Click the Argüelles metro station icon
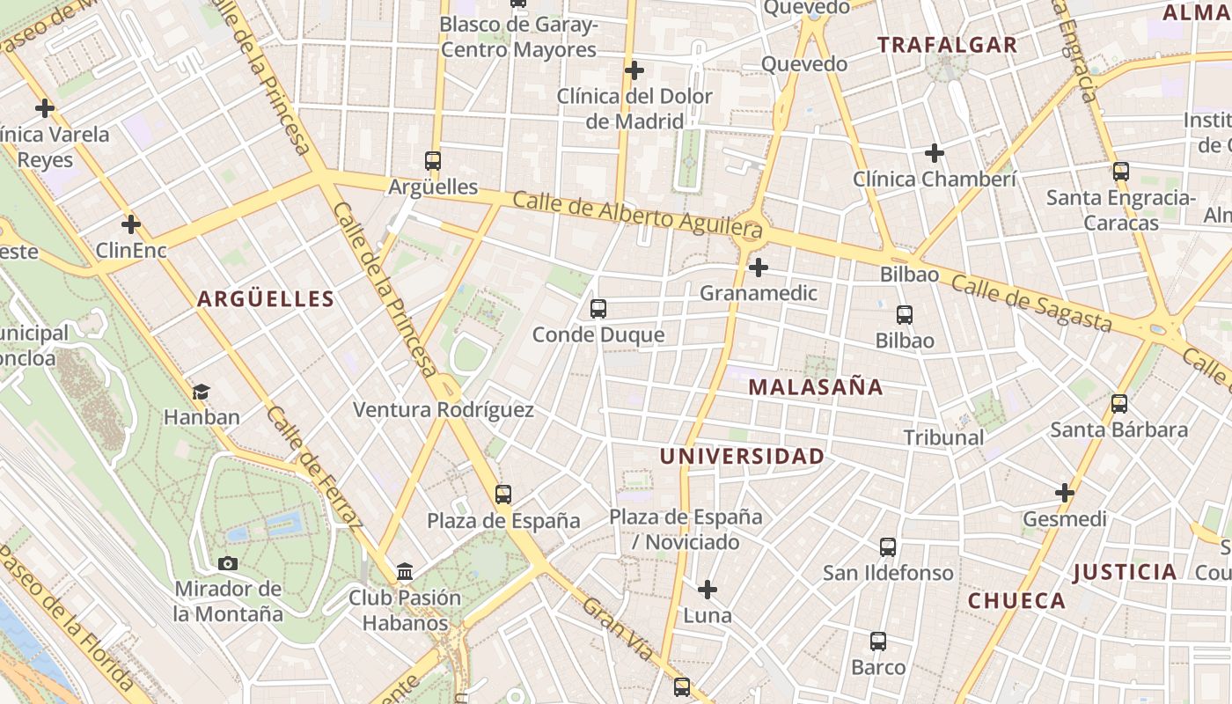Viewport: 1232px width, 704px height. tap(432, 161)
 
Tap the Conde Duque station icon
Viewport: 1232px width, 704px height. tap(598, 309)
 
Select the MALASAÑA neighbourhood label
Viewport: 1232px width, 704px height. tap(816, 387)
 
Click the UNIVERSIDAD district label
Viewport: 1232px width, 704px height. tap(742, 457)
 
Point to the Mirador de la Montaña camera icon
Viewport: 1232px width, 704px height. tap(227, 563)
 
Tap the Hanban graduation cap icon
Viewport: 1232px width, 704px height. tap(202, 392)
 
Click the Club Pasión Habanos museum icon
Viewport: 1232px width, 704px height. tap(405, 572)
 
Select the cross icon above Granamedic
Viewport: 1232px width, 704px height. tap(758, 268)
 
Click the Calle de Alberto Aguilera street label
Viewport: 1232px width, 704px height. tap(637, 216)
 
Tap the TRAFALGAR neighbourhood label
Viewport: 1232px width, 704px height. tap(947, 45)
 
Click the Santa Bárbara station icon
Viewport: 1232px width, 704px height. tap(1119, 404)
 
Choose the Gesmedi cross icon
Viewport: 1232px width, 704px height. tap(1065, 493)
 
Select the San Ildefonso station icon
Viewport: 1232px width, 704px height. tap(888, 547)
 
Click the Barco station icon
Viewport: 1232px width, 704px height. tap(877, 642)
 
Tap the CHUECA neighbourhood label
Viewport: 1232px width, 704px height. tap(1016, 601)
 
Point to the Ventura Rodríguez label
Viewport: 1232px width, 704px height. tap(443, 410)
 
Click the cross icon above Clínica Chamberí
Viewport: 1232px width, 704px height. tap(934, 154)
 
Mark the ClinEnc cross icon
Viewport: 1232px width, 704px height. tap(131, 224)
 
